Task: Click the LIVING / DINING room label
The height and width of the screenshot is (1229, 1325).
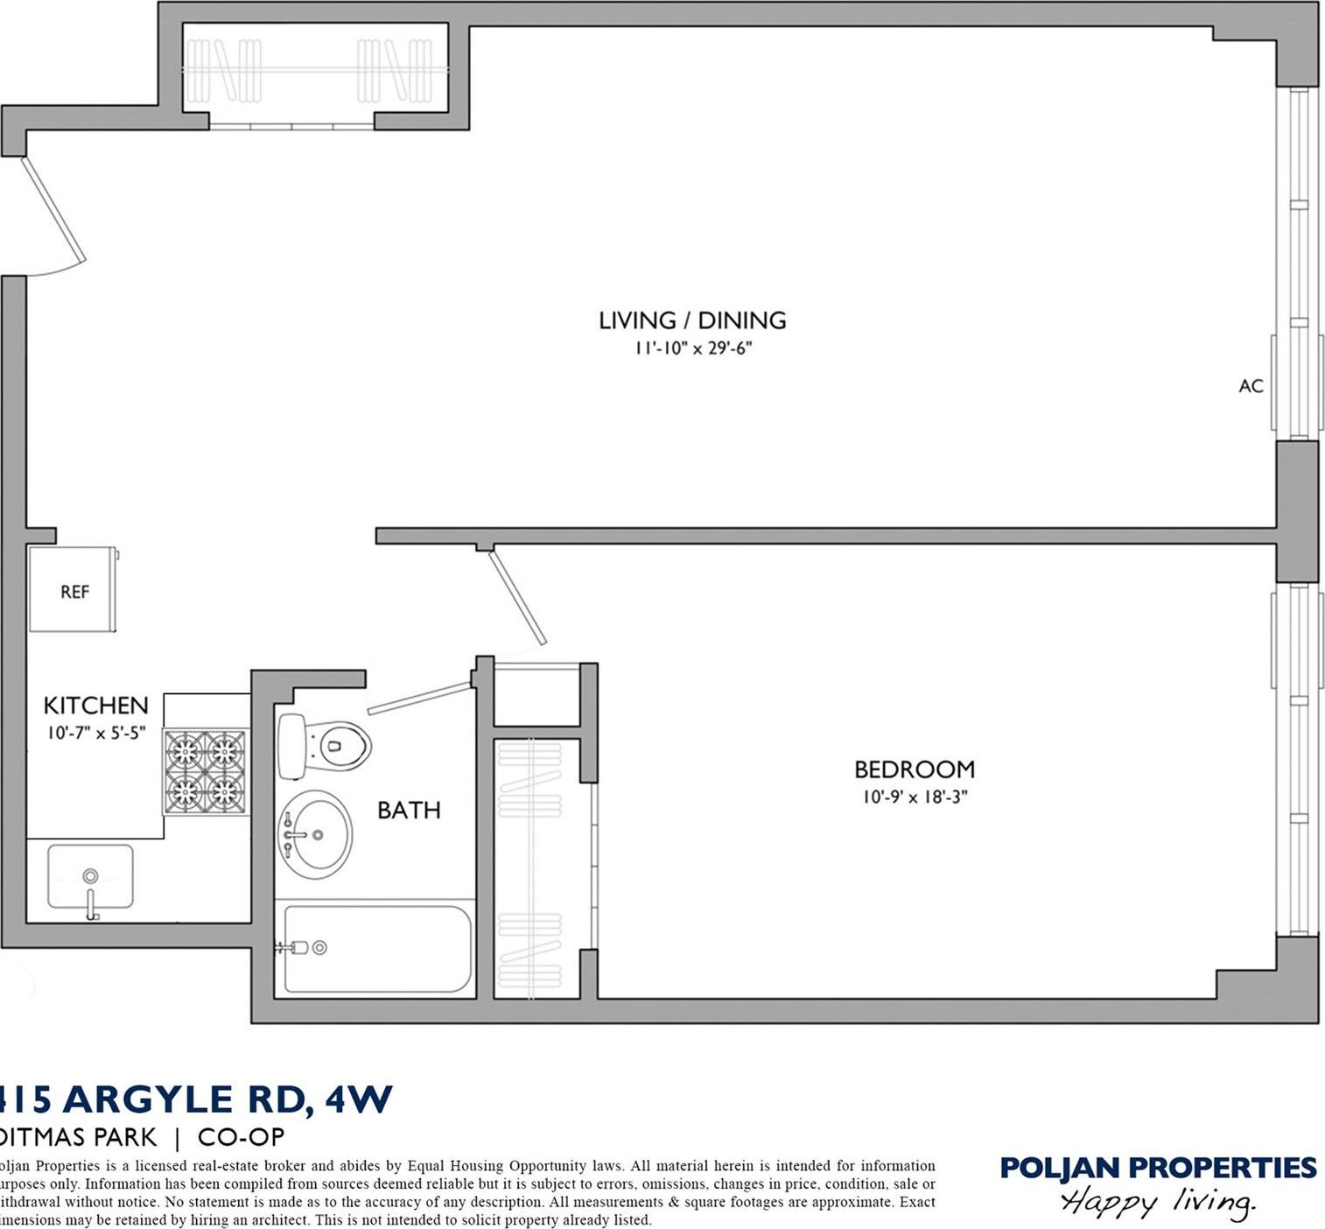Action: coord(692,320)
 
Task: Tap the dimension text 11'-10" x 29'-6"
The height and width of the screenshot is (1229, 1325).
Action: coord(693,348)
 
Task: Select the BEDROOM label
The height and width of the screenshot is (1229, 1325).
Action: coord(915,769)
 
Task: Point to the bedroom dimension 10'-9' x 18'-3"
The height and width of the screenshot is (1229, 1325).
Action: coord(915,797)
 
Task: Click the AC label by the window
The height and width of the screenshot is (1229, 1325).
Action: coord(1251,386)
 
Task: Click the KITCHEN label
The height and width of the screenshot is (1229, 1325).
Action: coord(95,706)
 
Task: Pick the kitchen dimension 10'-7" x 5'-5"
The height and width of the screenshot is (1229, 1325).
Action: coord(96,733)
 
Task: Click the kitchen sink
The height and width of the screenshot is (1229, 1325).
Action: coord(90,877)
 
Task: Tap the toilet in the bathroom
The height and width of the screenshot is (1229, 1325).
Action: coord(324,747)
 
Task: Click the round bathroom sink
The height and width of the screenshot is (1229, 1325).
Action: coord(315,834)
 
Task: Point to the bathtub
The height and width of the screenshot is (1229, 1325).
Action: coord(377,950)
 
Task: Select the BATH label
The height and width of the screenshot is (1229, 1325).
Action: coord(409,811)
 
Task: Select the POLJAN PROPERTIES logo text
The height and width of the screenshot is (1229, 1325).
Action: coord(1158,1168)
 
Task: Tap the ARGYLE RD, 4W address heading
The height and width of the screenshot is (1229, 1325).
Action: coord(197,1099)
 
